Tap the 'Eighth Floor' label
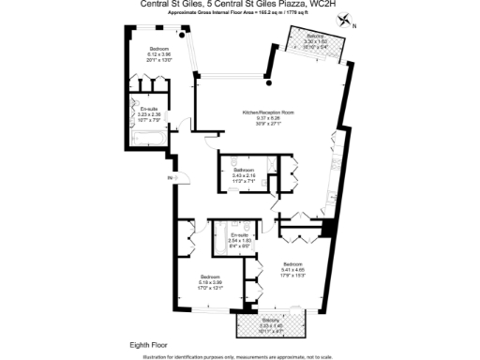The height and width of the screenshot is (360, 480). tap(148, 345)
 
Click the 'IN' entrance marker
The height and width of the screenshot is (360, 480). tap(170, 177)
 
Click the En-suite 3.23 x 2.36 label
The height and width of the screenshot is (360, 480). tap(149, 114)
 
